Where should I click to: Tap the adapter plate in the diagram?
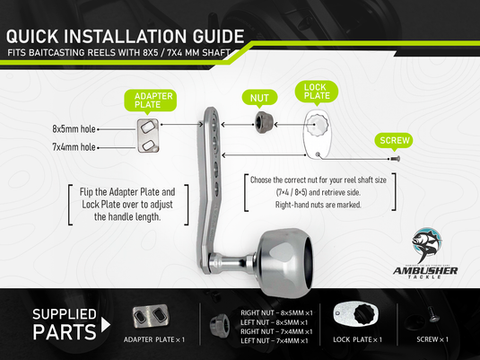(x=146, y=136)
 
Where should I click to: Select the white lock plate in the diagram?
(x=320, y=135)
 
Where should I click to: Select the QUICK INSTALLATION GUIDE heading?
(x=126, y=37)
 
